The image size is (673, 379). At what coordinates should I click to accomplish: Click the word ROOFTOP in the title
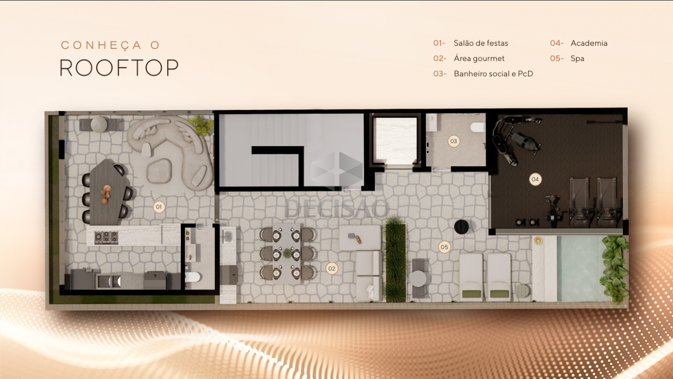[x=119, y=68]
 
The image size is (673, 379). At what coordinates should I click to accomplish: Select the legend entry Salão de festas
[x=481, y=43]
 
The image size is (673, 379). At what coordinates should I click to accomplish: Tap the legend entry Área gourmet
[x=479, y=58]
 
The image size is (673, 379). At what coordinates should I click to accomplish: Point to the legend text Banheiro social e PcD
[x=493, y=74]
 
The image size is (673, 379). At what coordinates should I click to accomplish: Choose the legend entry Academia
[x=589, y=43]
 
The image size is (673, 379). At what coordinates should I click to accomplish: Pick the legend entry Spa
[x=577, y=58]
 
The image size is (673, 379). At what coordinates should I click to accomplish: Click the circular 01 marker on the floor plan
[x=159, y=207]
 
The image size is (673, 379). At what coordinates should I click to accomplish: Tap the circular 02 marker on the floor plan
[x=332, y=269]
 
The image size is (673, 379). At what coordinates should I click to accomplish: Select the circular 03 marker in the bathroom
[x=454, y=141]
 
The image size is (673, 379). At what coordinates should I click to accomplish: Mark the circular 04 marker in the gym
[x=535, y=179]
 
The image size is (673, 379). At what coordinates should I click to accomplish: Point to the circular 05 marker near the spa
[x=444, y=247]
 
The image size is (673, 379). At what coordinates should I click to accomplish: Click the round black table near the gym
[x=462, y=227]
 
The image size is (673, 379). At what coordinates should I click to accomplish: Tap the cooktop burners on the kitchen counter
[x=106, y=237]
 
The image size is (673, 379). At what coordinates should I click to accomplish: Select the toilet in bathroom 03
[x=478, y=127]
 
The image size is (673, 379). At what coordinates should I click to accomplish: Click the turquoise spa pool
[x=580, y=269]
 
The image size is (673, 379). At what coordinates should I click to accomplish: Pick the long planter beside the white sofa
[x=395, y=259]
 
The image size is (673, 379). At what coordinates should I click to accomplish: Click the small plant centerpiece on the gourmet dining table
[x=288, y=253]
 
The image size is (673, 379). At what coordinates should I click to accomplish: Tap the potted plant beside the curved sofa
[x=201, y=125]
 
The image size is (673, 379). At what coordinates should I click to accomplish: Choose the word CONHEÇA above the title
[x=101, y=45]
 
